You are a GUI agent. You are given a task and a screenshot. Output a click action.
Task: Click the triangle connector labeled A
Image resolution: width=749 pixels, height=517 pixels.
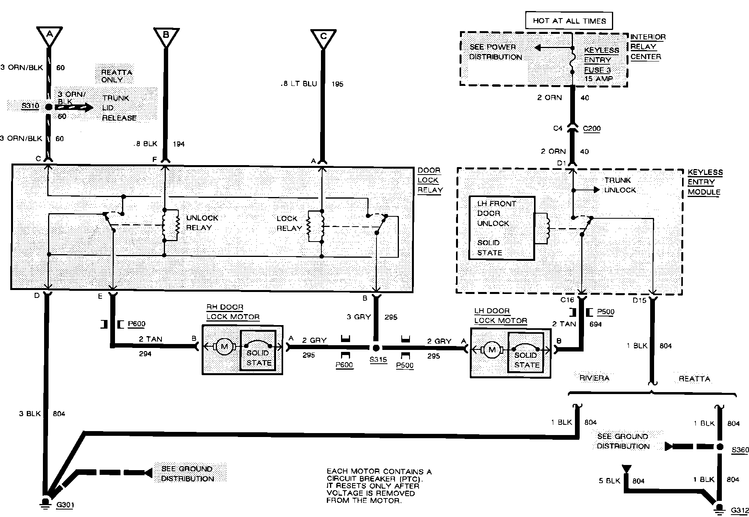[49, 36]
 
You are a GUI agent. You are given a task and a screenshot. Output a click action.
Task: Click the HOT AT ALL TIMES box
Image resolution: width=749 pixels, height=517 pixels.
[569, 21]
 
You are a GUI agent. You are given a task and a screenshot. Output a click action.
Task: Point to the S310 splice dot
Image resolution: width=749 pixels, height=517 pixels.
[49, 107]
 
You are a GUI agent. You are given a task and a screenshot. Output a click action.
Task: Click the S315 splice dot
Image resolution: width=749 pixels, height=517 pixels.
[376, 348]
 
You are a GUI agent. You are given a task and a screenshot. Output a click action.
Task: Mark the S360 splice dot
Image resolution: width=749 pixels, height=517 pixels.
[719, 447]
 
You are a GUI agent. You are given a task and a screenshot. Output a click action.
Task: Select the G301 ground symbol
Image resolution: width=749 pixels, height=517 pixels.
[46, 503]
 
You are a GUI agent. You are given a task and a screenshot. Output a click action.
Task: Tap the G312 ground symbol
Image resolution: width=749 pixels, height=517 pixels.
[719, 508]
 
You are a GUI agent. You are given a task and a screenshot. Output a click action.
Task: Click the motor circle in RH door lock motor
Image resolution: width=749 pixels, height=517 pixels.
[224, 347]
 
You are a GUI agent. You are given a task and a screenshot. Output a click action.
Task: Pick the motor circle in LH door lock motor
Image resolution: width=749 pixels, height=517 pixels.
[491, 349]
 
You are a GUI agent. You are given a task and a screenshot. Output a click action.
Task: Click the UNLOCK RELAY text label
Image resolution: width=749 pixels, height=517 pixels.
[202, 223]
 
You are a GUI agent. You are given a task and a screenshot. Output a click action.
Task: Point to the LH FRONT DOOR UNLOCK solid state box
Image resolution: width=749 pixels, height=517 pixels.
[501, 228]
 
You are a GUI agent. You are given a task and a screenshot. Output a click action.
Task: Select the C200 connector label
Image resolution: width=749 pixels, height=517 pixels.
[591, 128]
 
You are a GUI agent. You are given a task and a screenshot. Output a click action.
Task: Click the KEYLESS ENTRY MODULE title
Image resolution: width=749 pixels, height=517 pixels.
[705, 182]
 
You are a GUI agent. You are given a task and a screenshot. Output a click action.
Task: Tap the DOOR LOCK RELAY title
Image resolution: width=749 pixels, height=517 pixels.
[430, 180]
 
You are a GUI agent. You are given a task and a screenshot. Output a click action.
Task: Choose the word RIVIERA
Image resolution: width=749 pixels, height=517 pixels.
[594, 378]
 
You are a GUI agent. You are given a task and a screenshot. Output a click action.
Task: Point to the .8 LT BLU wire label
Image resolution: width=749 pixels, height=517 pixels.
[299, 84]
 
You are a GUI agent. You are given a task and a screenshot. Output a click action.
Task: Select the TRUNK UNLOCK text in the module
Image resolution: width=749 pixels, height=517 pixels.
[620, 185]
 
